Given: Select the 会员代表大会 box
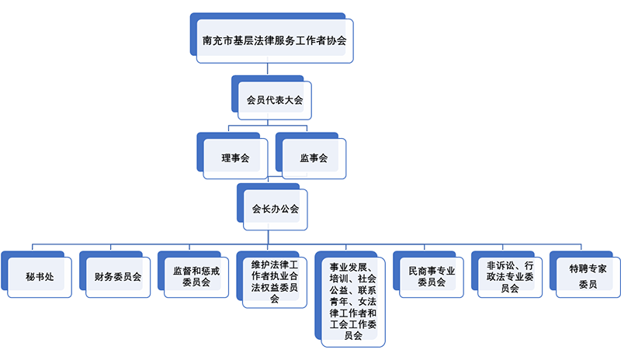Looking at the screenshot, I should click(x=273, y=99).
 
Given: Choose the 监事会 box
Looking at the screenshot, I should click(x=314, y=158).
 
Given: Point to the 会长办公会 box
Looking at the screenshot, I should click(x=275, y=208).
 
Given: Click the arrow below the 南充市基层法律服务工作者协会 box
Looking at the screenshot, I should click(x=268, y=68).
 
